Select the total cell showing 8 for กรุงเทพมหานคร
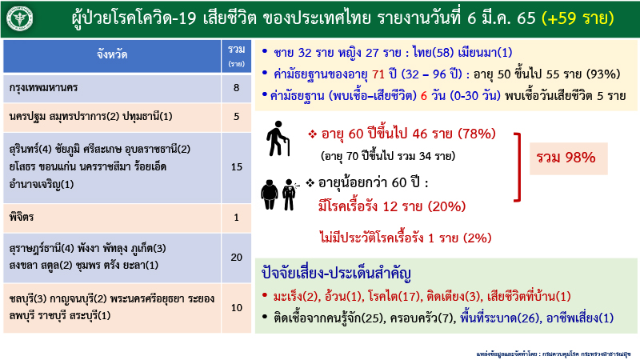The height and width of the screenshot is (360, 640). tap(236, 87)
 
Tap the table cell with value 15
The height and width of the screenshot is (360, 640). tap(236, 166)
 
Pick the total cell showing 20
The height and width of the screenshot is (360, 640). tap(236, 257)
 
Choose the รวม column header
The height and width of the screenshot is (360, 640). tap(236, 54)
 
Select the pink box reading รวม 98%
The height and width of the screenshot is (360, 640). tap(570, 156)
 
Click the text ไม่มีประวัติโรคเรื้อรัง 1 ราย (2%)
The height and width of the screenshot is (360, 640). tap(404, 237)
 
